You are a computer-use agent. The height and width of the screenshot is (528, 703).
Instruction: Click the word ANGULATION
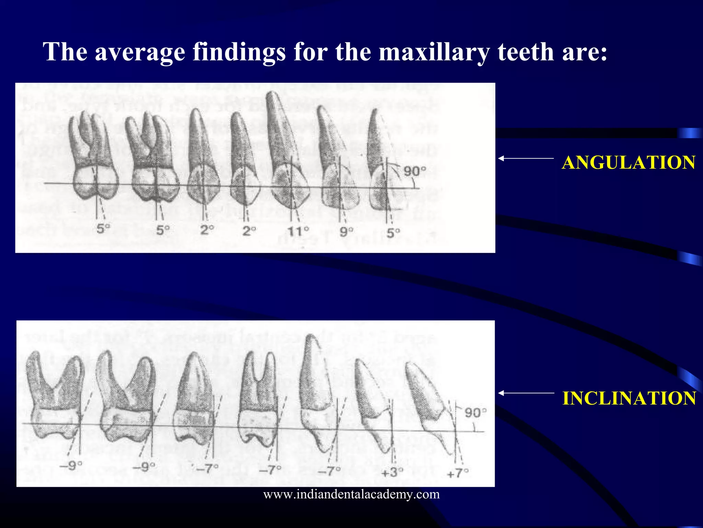point(629,163)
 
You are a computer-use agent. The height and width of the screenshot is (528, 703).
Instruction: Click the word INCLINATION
point(629,398)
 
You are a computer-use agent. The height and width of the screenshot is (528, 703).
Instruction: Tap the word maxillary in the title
point(434,52)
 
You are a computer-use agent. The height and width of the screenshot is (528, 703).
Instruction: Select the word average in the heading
point(140,52)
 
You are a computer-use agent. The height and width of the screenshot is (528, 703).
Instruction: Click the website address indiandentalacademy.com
point(351,494)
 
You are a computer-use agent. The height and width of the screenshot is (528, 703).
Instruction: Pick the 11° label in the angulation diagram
point(298,231)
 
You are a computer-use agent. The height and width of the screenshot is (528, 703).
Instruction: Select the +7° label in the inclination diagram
point(458,473)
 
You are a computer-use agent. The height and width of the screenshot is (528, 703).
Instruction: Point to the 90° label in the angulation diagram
point(415,171)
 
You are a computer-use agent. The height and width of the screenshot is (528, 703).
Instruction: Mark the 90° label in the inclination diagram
point(475,412)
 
